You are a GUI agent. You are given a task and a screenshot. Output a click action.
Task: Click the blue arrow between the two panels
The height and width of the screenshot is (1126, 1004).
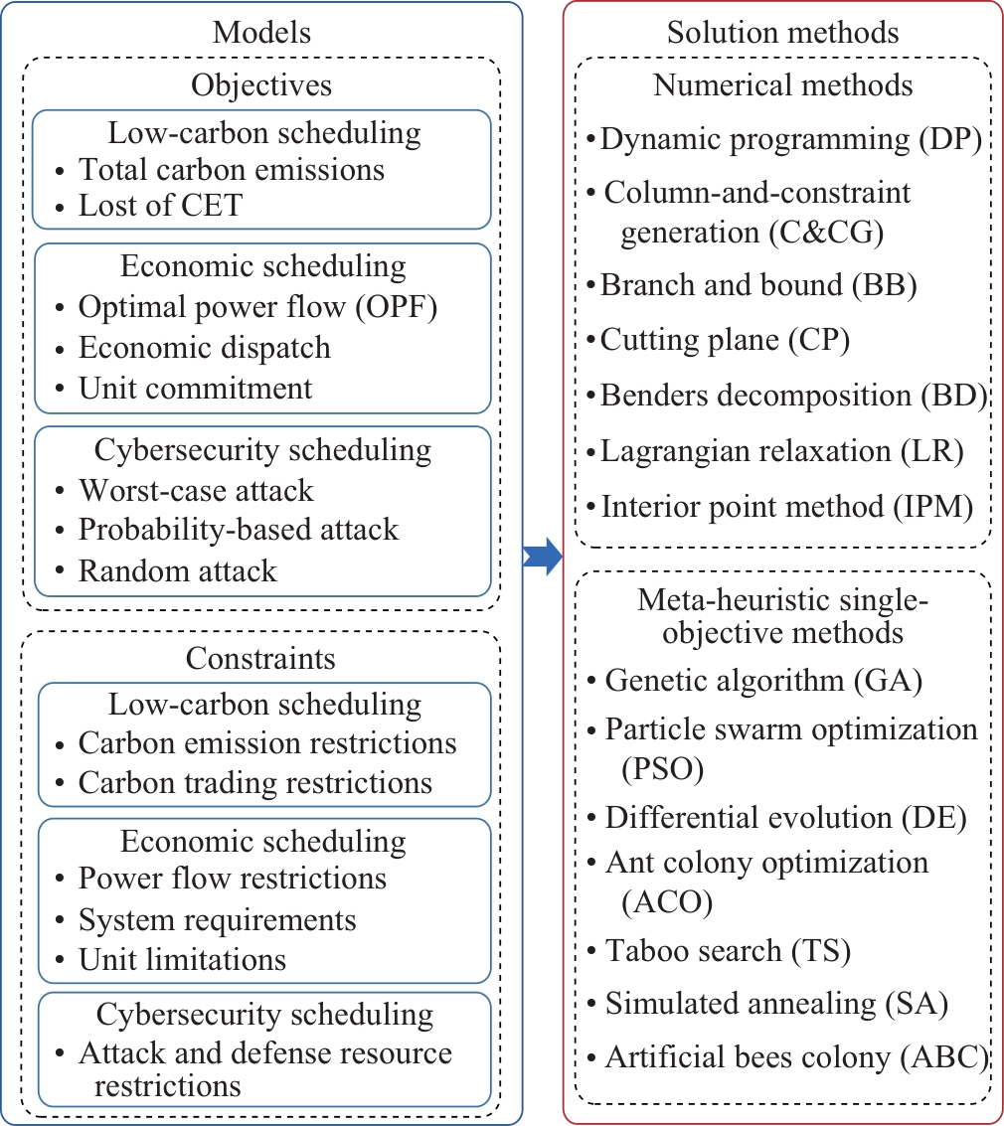[x=543, y=556]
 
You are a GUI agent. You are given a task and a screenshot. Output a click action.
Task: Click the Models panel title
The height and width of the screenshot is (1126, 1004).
[x=261, y=33]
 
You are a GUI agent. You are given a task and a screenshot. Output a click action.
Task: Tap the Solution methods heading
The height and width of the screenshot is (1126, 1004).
[x=782, y=33]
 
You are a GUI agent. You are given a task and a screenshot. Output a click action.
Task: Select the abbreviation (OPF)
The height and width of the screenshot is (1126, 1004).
[x=397, y=307]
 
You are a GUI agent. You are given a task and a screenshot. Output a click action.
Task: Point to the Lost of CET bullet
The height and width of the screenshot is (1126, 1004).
[x=160, y=206]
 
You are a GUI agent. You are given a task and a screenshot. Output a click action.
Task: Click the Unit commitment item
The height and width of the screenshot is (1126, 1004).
[x=196, y=389]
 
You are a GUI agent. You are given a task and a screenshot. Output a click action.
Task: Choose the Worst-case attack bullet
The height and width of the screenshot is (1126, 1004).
[x=196, y=491]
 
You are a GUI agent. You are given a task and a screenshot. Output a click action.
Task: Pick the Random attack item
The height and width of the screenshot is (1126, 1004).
[x=177, y=571]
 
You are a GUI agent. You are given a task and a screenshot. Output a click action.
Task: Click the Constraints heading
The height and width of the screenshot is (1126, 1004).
[x=260, y=659]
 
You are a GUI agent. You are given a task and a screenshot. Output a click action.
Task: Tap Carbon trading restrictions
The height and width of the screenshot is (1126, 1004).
[x=254, y=783]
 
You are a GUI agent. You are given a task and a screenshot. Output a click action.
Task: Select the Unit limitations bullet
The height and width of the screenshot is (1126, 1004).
[x=183, y=960]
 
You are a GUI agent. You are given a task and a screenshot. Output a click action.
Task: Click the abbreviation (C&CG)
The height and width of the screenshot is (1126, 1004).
[x=826, y=233]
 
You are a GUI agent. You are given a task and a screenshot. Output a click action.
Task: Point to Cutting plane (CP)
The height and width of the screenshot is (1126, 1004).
[x=725, y=340]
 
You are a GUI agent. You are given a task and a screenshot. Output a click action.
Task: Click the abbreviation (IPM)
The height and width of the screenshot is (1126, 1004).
[x=933, y=507]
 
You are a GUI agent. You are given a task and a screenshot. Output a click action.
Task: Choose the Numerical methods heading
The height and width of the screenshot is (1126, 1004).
[x=782, y=85]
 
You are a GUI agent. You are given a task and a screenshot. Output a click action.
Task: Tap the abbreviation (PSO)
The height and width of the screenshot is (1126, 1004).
[x=663, y=768]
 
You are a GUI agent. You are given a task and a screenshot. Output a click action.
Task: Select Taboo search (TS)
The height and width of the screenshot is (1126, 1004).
[x=729, y=951]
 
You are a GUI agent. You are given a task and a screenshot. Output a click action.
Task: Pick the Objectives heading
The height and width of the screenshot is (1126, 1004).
[x=261, y=85]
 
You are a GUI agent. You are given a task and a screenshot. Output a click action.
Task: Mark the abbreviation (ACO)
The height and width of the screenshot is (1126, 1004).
[x=667, y=902]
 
